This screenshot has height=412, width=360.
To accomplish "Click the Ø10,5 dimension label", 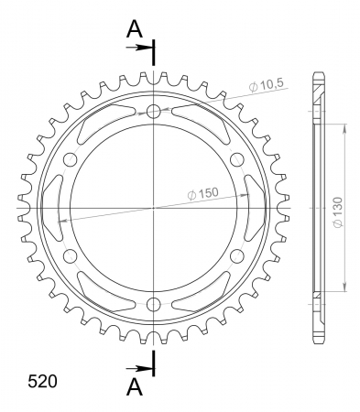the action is tap(267, 85).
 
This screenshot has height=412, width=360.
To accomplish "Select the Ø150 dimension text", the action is tap(203, 194).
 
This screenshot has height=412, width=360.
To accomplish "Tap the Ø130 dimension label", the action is tap(338, 212).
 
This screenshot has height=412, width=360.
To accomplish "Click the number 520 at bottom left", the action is tap(42, 381).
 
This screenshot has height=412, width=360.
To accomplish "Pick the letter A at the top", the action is tap(135, 29).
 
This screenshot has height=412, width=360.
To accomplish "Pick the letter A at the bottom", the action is tap(135, 386).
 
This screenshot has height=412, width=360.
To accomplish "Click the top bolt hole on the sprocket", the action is tap(154, 112).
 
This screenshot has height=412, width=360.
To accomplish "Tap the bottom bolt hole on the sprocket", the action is tap(154, 304).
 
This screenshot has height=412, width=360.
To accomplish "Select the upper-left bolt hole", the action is tap(71, 159).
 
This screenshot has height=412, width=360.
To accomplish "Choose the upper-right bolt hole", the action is tap(237, 159).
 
